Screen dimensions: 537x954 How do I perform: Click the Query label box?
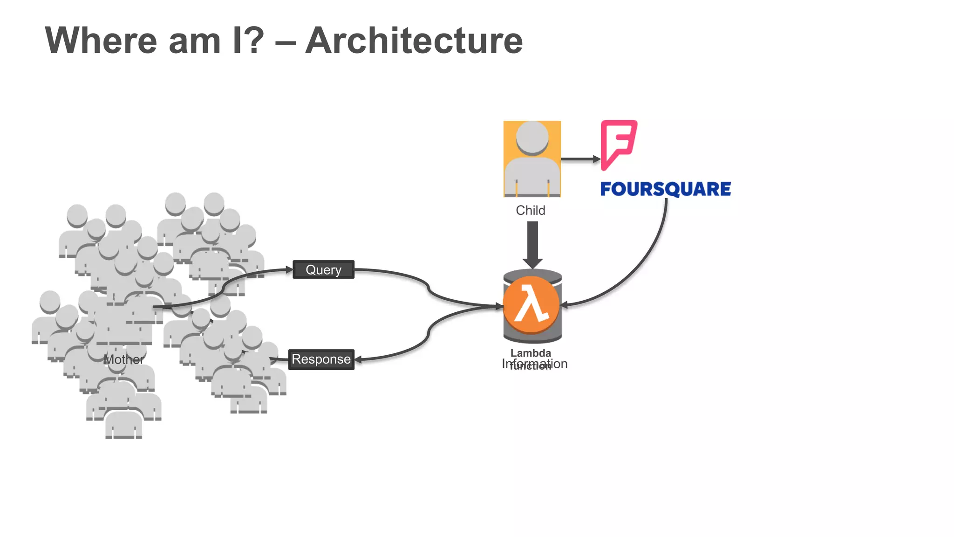coord(323,269)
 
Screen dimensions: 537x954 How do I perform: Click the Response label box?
coord(321,359)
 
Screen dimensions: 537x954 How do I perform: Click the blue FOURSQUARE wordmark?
coord(665,189)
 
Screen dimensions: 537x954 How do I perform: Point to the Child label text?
coord(530,210)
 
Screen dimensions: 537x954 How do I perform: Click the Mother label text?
coord(123,359)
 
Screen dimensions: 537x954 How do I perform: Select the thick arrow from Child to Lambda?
coord(532,242)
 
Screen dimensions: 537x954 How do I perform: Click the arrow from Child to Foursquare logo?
coord(580,159)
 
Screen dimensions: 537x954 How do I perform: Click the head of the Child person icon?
coord(532,137)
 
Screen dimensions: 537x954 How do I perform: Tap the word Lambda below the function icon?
coord(531,353)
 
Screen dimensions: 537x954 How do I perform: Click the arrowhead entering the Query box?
coord(288,269)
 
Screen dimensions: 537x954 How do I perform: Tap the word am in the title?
coord(194,41)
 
